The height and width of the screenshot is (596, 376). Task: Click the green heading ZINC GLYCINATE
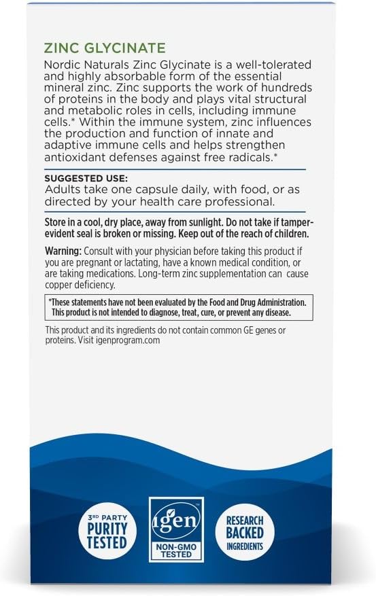tap(105, 49)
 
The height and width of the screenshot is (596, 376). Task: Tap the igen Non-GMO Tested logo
tap(175, 529)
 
